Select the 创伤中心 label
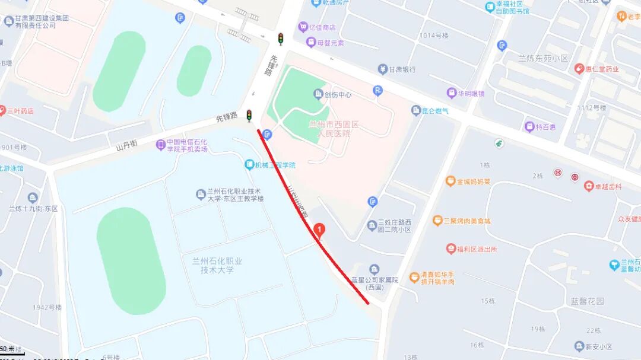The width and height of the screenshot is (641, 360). click(x=337, y=94)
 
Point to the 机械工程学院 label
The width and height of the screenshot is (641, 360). click(x=275, y=165)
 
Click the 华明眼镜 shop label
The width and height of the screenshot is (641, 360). click(x=470, y=93)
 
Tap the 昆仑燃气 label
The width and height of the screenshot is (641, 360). click(x=434, y=110)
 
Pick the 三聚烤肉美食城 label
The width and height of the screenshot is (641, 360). click(x=467, y=221)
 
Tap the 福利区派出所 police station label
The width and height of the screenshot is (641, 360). click(x=476, y=249)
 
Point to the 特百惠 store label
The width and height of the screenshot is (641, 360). click(x=545, y=127)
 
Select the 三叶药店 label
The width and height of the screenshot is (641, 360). click(x=20, y=111)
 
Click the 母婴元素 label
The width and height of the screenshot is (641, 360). click(x=330, y=43)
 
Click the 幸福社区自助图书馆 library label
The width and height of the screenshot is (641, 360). click(x=514, y=8)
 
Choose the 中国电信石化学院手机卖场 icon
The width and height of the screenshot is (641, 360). click(x=160, y=144)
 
